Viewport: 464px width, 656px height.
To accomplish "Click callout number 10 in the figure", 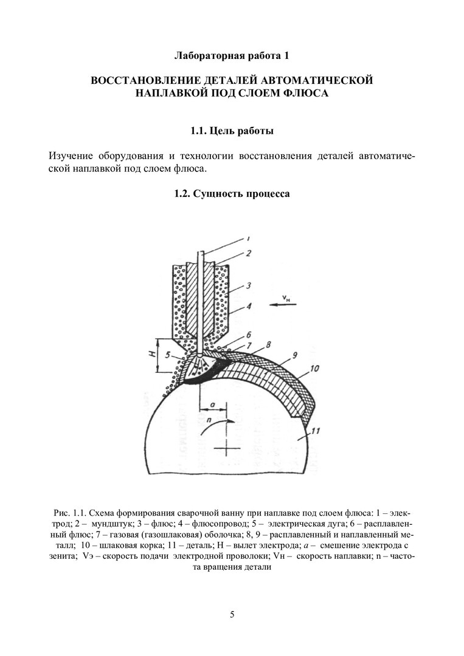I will (x=314, y=368).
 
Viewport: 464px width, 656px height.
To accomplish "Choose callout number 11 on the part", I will (x=315, y=432).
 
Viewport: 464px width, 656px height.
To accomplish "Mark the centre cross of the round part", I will (x=229, y=449).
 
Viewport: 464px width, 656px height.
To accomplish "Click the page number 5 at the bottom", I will (x=232, y=614).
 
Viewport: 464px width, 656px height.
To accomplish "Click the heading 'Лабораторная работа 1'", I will (x=231, y=56).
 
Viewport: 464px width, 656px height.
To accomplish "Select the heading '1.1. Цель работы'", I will (x=231, y=131).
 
